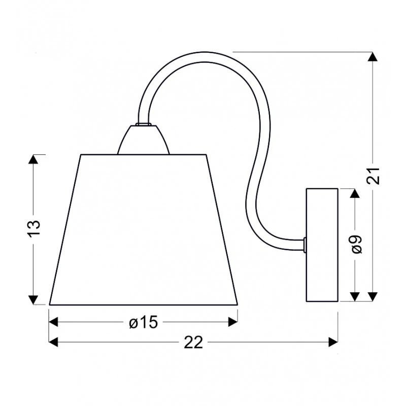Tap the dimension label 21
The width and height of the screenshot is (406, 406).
(373, 176)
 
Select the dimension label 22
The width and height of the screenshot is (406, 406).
(193, 343)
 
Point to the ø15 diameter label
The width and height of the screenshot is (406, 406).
(144, 322)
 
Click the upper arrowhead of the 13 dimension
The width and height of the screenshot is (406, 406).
(33, 159)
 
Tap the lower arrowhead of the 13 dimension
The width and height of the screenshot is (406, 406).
(33, 300)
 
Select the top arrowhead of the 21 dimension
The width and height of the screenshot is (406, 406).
(373, 57)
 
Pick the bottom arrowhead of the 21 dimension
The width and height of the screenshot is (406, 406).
(373, 297)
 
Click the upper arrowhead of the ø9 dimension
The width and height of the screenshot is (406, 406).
(355, 193)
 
